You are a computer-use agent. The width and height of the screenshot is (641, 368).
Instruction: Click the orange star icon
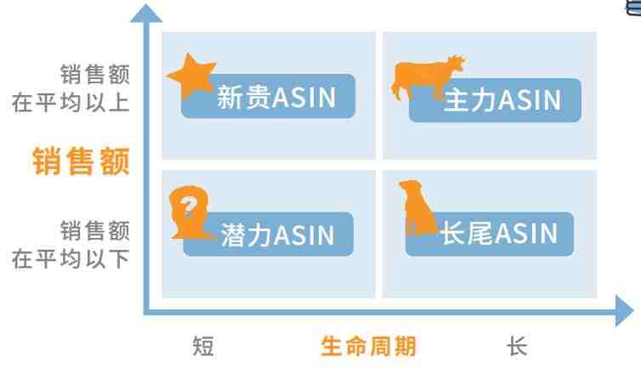pos(191,76)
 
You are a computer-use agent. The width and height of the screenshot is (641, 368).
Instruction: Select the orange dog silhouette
pos(417,207)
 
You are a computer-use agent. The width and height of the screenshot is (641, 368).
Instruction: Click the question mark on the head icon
pos(189,207)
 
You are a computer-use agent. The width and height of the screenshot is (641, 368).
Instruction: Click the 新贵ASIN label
pos(276,97)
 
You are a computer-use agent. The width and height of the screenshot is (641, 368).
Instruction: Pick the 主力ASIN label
pos(502,100)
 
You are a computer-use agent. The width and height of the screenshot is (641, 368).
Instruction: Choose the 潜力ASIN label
pos(278,235)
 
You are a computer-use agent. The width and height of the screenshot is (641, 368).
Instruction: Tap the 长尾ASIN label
pos(499,234)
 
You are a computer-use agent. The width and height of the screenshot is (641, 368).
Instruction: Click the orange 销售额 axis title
pos(81,161)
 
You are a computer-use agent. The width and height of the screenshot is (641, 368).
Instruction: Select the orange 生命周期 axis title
pos(368,347)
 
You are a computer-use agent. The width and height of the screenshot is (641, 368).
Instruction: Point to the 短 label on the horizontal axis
pos(203,347)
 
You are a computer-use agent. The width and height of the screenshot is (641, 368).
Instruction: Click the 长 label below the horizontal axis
pos(517,347)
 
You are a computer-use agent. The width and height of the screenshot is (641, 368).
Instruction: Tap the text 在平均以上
pos(71,102)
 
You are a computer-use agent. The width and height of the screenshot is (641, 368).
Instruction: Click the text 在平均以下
pos(71,259)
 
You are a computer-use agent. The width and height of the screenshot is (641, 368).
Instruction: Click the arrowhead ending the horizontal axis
pos(624,312)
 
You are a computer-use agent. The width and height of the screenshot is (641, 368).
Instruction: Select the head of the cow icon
pos(457,65)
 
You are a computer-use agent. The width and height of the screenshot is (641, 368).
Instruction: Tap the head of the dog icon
pos(410,186)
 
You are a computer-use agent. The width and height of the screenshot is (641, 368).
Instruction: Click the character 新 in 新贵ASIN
pos(230,97)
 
